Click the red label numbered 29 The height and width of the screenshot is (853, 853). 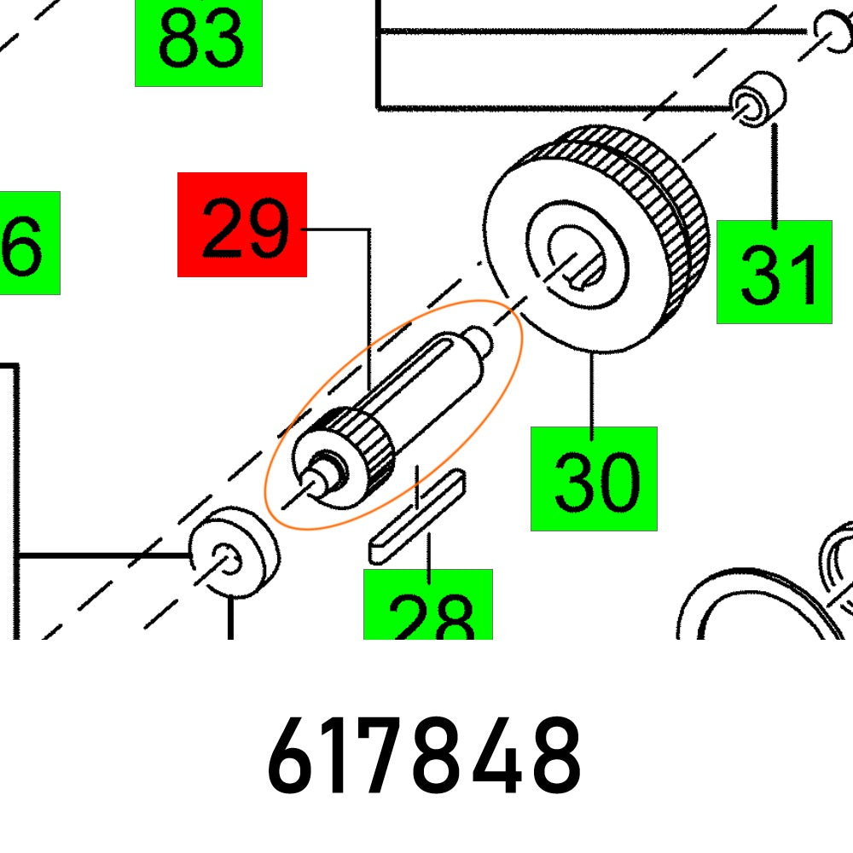pyautogui.click(x=241, y=224)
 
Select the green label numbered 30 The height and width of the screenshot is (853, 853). pyautogui.click(x=594, y=479)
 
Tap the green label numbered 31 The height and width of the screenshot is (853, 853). pyautogui.click(x=774, y=271)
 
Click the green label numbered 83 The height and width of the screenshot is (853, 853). pyautogui.click(x=198, y=43)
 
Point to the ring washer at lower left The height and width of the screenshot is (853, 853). pyautogui.click(x=230, y=553)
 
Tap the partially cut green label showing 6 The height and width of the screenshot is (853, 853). pyautogui.click(x=26, y=243)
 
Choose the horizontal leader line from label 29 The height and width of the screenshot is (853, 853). pyautogui.click(x=337, y=229)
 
